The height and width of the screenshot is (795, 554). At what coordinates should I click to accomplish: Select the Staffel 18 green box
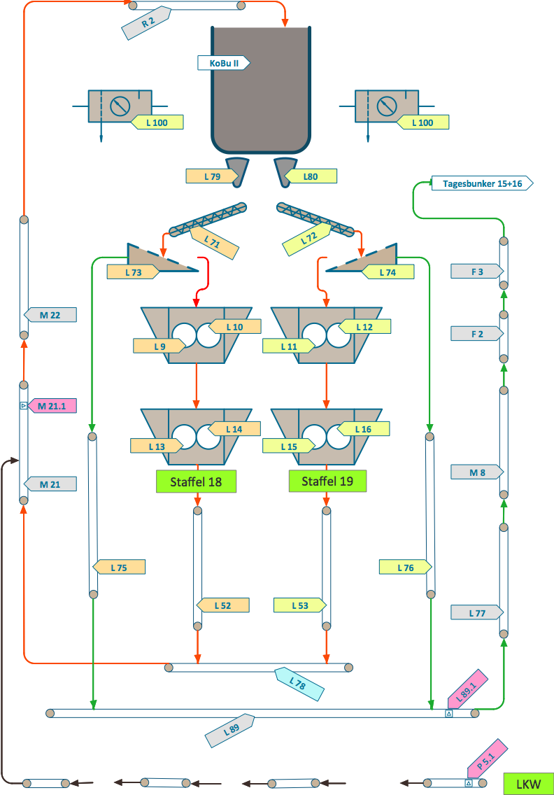click(197, 481)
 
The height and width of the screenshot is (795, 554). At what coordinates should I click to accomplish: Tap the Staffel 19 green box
click(327, 481)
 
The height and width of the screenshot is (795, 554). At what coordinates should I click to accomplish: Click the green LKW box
click(528, 784)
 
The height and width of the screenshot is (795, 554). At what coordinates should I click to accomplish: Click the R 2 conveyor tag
click(146, 23)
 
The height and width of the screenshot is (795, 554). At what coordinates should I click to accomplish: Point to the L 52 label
click(222, 605)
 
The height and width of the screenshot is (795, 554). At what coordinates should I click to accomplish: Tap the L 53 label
click(299, 605)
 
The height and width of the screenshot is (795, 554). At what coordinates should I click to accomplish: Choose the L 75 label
click(119, 568)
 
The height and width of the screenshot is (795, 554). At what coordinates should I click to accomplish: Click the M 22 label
click(50, 315)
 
